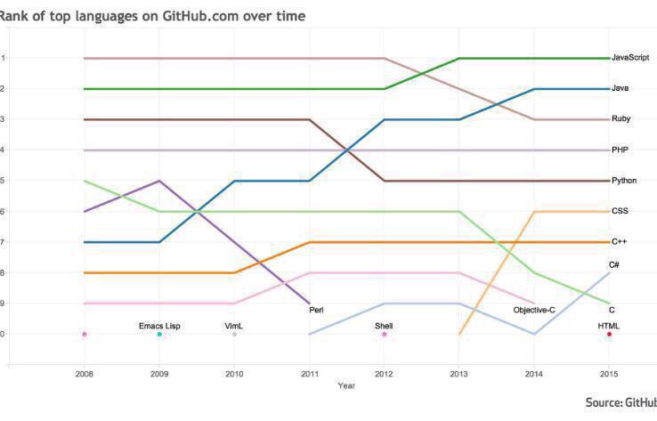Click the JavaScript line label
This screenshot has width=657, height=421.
(629, 58)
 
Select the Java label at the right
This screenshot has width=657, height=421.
(620, 88)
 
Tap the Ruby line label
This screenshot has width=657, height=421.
(621, 118)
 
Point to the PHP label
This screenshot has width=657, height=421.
(620, 150)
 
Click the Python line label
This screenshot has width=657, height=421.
(624, 181)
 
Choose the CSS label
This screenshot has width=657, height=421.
(620, 211)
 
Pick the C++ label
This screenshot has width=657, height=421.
(620, 241)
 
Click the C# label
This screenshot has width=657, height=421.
(614, 265)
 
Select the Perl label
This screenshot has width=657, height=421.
(316, 310)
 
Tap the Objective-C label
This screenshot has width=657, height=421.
(536, 310)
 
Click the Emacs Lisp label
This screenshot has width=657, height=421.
(159, 327)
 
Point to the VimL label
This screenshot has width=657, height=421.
(234, 327)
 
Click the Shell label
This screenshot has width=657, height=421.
(384, 327)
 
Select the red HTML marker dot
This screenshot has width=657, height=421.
(609, 334)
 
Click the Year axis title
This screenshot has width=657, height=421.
(345, 386)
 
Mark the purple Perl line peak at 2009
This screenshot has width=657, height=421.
(159, 181)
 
